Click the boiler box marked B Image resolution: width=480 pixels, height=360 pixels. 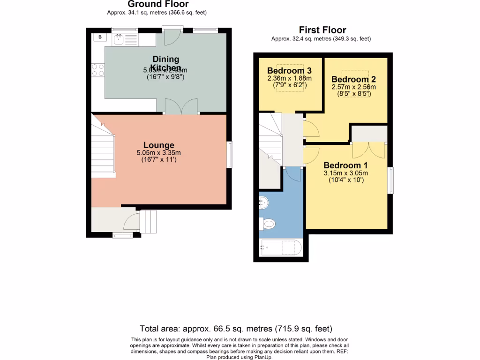(99, 37)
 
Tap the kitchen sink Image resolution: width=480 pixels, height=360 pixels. (119, 39)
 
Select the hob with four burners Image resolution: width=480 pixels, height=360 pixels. (98, 70)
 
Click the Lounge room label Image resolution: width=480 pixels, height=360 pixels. (158, 145)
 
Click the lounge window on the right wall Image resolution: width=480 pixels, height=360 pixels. (230, 154)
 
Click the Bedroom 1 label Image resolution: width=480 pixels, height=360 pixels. (345, 165)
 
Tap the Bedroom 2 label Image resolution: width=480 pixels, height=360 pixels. (353, 79)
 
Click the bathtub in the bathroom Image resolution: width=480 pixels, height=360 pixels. (280, 247)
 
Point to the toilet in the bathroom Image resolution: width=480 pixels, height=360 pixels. (268, 225)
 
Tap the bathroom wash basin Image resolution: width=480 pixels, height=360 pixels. (263, 203)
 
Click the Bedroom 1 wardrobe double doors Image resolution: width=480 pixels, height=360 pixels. (368, 150)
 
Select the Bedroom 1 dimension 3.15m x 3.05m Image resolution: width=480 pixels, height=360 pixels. (345, 173)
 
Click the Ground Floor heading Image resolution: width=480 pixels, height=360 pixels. (158, 4)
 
